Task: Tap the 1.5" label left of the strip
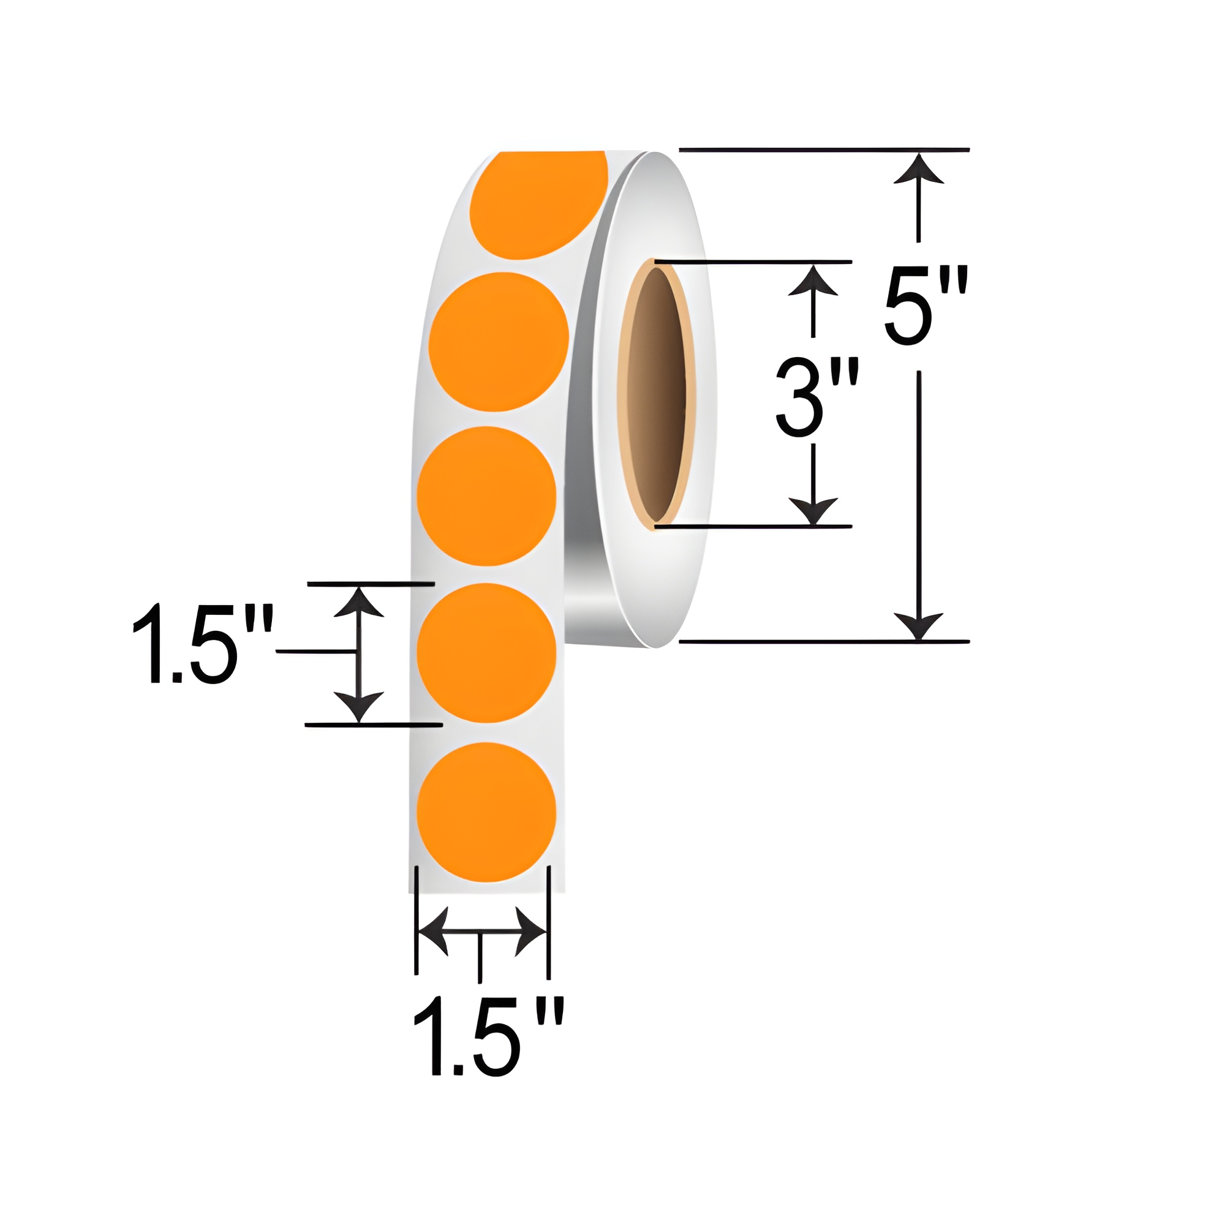(202, 645)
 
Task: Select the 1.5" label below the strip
(488, 1036)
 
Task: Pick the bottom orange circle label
(486, 812)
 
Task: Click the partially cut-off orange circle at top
(538, 203)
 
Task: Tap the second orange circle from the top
(499, 342)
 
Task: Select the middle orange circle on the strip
(486, 496)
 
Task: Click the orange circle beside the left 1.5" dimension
(486, 652)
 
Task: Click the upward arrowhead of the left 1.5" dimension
(359, 602)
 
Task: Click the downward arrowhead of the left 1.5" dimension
(359, 705)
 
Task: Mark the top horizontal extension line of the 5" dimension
(824, 150)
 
